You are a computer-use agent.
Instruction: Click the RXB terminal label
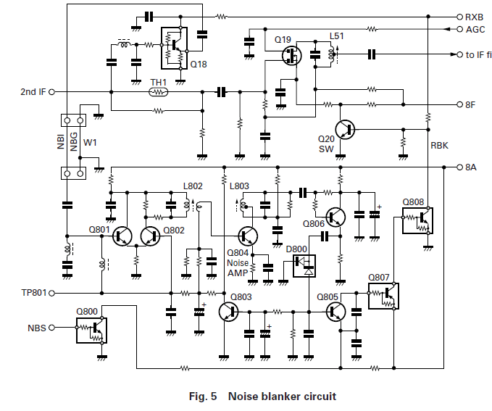474,16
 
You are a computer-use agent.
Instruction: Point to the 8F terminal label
470,104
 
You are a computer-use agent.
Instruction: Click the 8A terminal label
470,167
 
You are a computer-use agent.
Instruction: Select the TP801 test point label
35,293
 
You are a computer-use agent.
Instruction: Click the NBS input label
37,328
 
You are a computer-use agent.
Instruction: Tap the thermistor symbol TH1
158,91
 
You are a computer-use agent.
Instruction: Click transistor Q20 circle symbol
346,130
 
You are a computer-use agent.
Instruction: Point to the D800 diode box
304,266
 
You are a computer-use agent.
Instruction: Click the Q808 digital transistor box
418,221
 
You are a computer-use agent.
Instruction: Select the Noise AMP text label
238,267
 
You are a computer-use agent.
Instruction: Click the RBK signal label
439,145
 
